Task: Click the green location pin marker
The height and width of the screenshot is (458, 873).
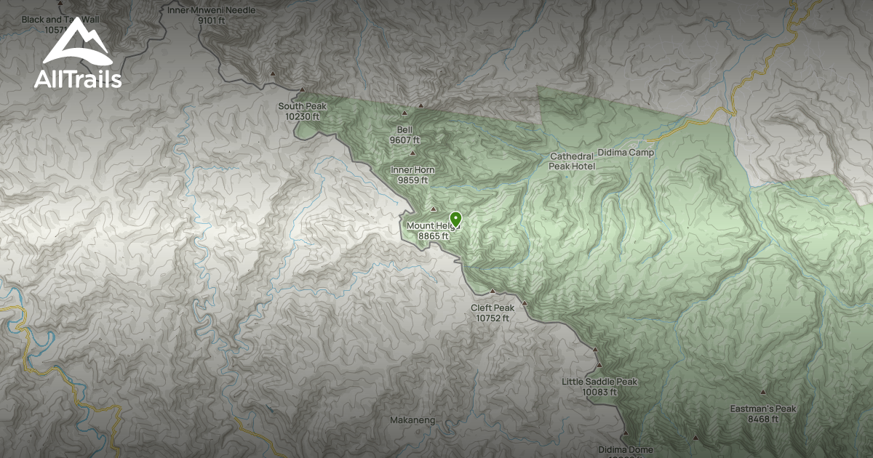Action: (x=456, y=218)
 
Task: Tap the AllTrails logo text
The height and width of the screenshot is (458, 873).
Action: (x=78, y=79)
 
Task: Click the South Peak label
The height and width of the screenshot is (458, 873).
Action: (x=302, y=106)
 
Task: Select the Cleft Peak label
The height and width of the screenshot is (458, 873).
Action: (x=493, y=308)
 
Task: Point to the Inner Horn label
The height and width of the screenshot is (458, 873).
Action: (x=412, y=170)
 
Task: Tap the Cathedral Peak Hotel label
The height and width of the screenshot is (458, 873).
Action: (x=572, y=161)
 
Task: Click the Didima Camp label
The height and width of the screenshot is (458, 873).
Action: (x=626, y=153)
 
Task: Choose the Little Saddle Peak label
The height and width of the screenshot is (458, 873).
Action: (x=599, y=382)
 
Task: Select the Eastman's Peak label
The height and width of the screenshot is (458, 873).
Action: (x=763, y=409)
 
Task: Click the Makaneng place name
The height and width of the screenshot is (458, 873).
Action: (x=412, y=420)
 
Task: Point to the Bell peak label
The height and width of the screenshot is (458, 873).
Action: (x=404, y=129)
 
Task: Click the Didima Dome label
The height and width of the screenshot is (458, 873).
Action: (x=626, y=449)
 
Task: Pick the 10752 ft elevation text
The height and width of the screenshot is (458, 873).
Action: (x=493, y=318)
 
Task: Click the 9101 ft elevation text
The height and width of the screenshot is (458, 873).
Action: (x=211, y=20)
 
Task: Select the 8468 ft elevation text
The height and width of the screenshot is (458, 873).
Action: (x=763, y=419)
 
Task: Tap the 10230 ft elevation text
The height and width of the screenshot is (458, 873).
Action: (x=302, y=116)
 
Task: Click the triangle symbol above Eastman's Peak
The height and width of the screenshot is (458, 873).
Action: (x=763, y=393)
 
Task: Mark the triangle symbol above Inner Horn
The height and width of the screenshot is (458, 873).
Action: (x=413, y=153)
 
